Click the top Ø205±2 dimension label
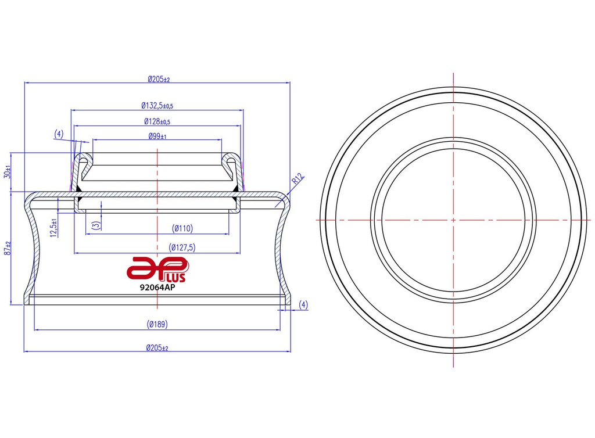158,79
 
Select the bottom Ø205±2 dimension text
157,348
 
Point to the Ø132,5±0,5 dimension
157,106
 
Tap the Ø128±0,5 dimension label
157,121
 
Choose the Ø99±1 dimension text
157,137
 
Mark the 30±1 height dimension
8,173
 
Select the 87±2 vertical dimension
8,249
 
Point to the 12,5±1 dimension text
54,228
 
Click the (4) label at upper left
59,134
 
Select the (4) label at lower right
303,304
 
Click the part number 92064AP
157,287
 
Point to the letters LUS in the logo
176,277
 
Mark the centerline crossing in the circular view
453,220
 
